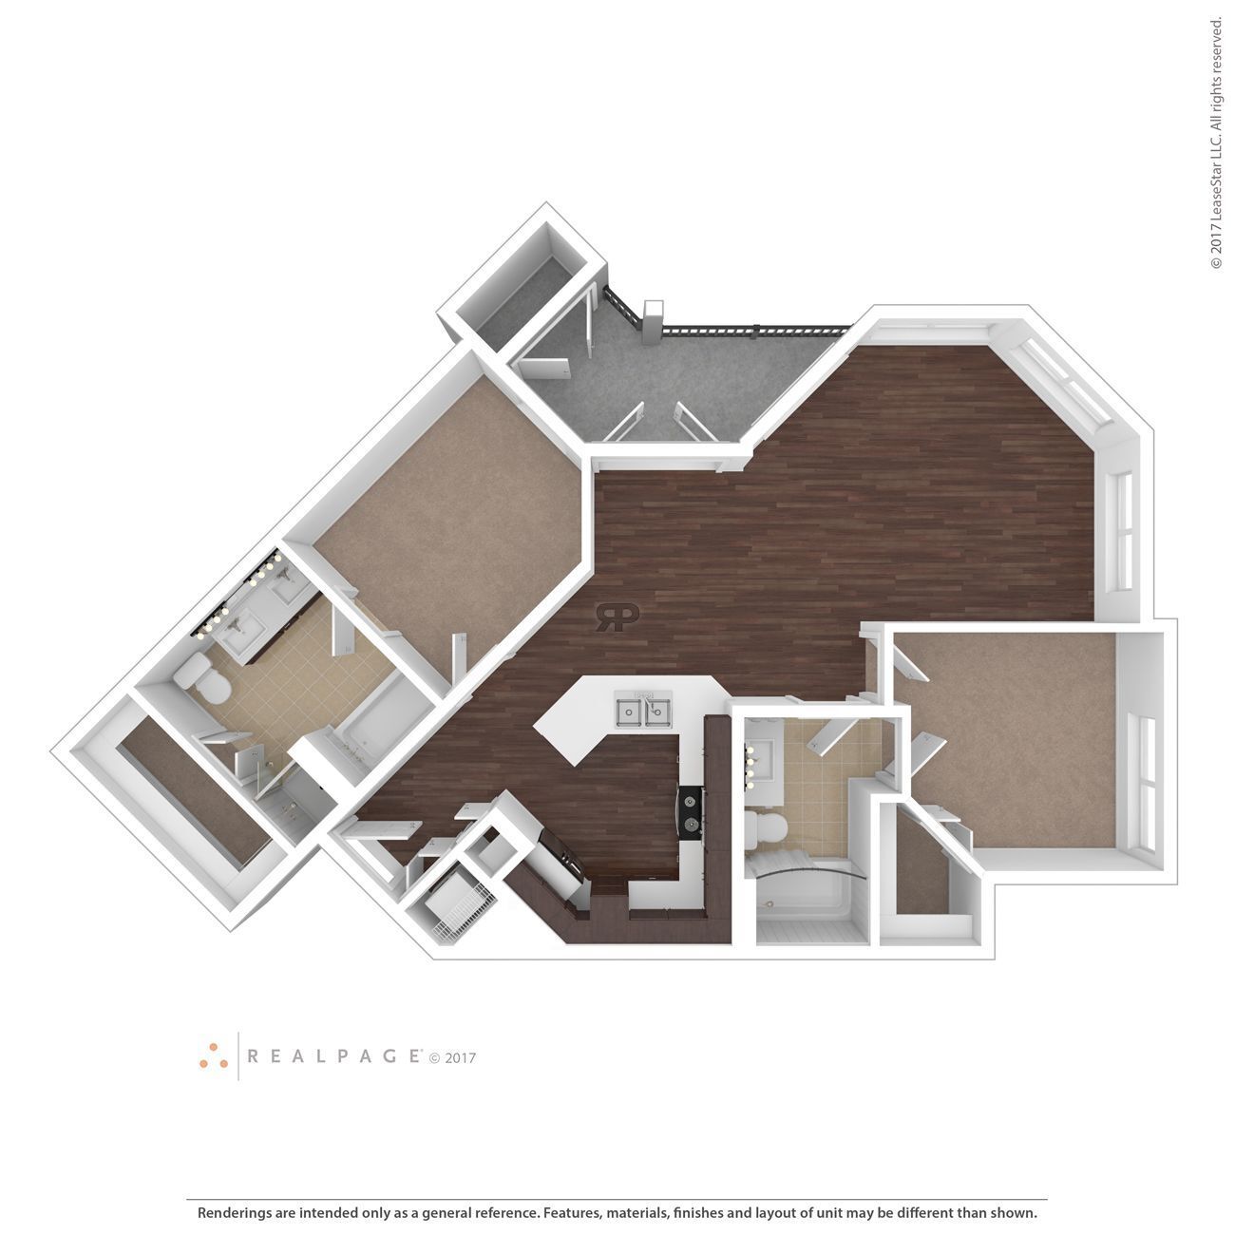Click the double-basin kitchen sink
pos(643,710)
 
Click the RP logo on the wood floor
pos(616,617)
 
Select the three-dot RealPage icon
pos(214,1055)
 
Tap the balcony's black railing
pos(750,330)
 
